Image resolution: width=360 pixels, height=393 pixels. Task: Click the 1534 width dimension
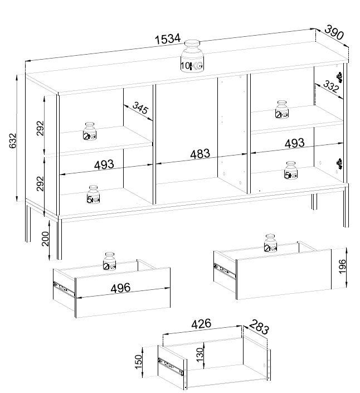(168, 39)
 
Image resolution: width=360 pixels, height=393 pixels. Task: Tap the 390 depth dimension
(334, 32)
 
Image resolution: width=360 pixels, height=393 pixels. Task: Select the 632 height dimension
(13, 140)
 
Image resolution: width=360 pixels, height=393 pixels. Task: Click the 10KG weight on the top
(192, 57)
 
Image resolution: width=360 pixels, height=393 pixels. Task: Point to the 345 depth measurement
(140, 108)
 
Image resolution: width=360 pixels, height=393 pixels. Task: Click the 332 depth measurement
(331, 86)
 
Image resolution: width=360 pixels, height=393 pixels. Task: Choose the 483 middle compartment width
(200, 154)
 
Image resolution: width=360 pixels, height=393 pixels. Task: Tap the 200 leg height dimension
(45, 239)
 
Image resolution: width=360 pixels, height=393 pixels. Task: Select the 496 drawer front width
(120, 288)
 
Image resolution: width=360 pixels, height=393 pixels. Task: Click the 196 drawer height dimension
(342, 266)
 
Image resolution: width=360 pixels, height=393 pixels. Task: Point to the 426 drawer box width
(201, 324)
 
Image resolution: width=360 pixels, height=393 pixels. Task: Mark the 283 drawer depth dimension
(259, 327)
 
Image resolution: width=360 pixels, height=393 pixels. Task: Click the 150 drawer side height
(138, 362)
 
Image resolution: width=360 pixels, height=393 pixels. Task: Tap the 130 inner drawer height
(200, 355)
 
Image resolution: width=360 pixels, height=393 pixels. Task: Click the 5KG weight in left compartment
(93, 195)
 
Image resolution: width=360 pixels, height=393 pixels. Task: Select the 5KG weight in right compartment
(291, 171)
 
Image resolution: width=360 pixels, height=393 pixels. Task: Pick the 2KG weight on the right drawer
(271, 243)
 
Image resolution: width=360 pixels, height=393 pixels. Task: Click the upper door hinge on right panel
(339, 77)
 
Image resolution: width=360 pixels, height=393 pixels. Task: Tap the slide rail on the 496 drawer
(64, 289)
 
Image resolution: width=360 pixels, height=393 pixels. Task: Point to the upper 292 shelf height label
(40, 128)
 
